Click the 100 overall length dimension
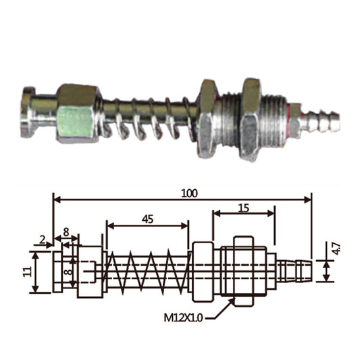189,194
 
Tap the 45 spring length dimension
147,220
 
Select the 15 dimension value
244,208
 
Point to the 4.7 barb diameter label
336,249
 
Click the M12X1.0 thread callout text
183,318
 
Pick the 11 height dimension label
27,272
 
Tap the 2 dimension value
43,240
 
